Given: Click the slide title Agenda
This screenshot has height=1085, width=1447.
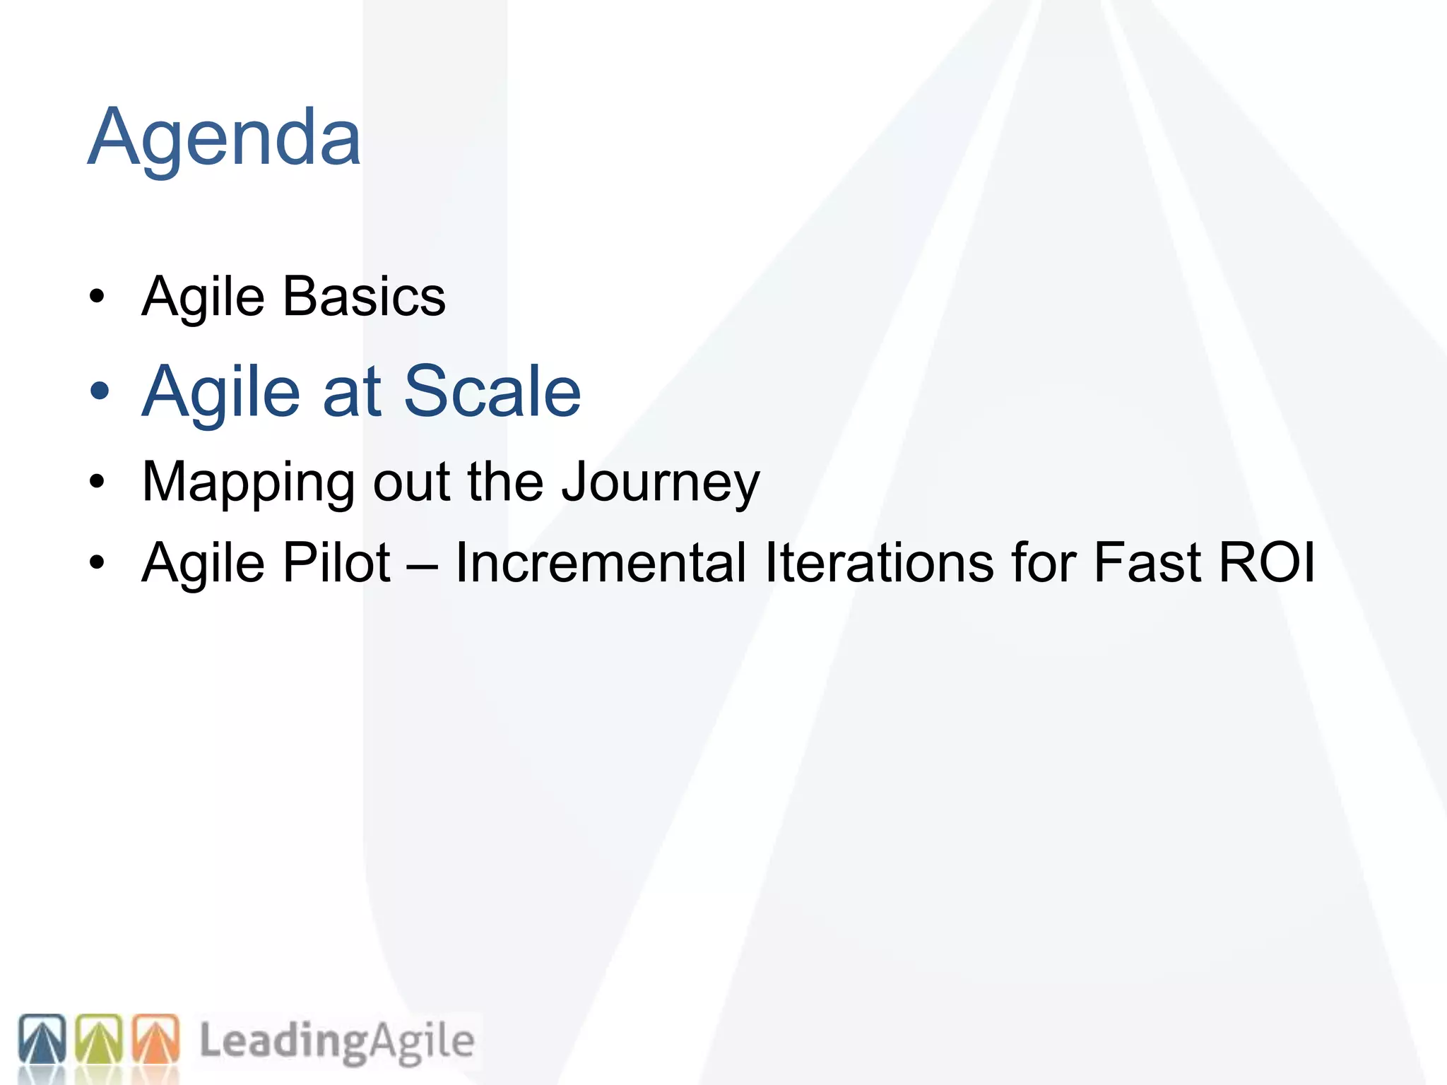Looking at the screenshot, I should click(x=224, y=138).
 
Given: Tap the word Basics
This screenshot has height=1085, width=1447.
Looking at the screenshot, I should click(x=364, y=297).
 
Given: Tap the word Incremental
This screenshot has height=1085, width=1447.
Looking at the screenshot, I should click(x=601, y=563).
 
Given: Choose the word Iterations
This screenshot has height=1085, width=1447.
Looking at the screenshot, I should click(x=879, y=563).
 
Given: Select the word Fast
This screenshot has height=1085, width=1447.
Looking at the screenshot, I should click(x=1147, y=563).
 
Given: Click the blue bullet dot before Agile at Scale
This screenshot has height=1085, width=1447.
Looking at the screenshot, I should click(x=100, y=391).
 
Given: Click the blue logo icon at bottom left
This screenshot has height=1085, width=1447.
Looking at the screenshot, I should click(x=42, y=1040).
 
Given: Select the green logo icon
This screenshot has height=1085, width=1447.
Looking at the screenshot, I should click(x=99, y=1040).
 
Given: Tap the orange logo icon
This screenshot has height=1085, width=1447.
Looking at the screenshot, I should click(x=156, y=1040).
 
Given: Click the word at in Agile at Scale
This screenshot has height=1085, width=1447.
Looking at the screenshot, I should click(x=352, y=393).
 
